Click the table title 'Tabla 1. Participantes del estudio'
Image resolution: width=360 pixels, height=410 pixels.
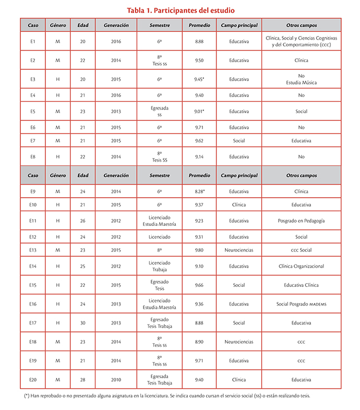(x=181, y=10)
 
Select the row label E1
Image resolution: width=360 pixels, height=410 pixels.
(x=33, y=41)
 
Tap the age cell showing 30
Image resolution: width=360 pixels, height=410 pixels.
(x=83, y=323)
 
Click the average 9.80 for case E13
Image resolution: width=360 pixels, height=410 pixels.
(x=199, y=250)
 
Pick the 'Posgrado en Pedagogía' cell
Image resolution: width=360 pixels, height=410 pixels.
(x=301, y=221)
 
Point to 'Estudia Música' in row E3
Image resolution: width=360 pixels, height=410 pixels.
(x=301, y=82)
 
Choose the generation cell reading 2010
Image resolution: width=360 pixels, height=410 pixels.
(x=116, y=380)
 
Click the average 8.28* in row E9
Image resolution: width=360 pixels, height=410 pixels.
(x=199, y=191)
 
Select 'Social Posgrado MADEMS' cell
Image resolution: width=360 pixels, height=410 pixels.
(x=301, y=304)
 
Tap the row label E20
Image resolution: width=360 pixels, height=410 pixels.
(x=33, y=380)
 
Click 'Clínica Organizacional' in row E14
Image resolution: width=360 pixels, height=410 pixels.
(x=301, y=266)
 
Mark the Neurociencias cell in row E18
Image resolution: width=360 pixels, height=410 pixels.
(x=239, y=342)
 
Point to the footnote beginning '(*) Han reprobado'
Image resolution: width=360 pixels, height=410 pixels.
(x=167, y=396)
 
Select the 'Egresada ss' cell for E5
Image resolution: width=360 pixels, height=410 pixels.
(x=160, y=111)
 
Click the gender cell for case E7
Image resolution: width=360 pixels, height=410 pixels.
(x=58, y=141)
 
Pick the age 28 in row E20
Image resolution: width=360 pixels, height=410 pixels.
(x=83, y=380)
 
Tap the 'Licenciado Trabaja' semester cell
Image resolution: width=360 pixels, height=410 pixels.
(x=160, y=266)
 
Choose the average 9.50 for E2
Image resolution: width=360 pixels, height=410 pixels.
(x=199, y=61)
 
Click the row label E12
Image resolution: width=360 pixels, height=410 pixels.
(x=33, y=237)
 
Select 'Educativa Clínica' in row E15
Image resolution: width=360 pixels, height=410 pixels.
(x=301, y=285)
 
